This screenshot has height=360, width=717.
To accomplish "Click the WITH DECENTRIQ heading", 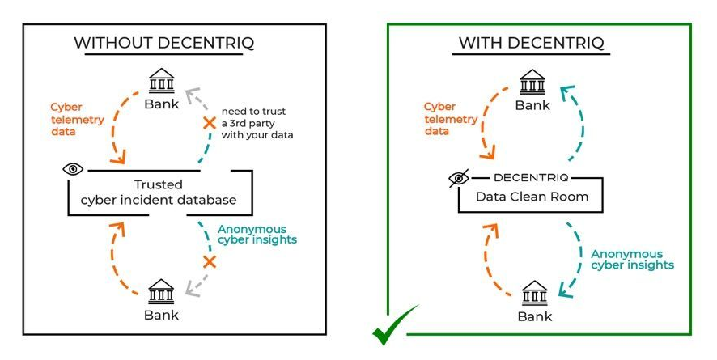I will click(532, 43).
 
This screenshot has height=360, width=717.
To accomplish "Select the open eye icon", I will click(74, 169).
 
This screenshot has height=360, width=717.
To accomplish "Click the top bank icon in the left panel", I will click(162, 82).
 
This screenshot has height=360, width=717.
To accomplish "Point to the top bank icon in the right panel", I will click(532, 82).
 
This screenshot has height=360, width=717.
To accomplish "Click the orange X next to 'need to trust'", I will click(209, 123).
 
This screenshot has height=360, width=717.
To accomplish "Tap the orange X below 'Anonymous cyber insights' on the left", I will click(210, 261).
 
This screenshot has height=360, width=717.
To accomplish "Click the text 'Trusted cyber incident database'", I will click(162, 193).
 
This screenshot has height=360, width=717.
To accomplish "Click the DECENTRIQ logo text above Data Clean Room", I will click(531, 176).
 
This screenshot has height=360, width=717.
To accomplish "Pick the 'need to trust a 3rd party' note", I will click(257, 123).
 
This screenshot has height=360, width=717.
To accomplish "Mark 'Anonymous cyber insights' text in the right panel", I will click(632, 259).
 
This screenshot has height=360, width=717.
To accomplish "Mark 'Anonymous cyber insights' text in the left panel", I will click(257, 235).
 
